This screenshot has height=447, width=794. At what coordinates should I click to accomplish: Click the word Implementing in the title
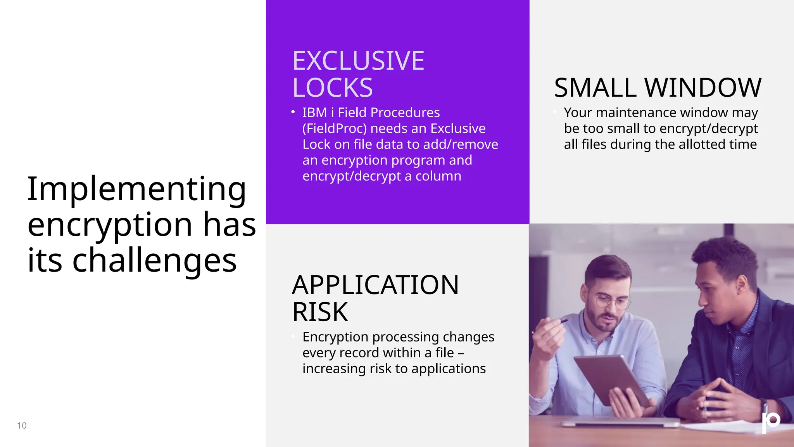click(x=136, y=189)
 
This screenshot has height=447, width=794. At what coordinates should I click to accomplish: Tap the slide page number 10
click(x=22, y=426)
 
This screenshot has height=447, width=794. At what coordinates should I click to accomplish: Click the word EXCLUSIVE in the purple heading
click(x=358, y=61)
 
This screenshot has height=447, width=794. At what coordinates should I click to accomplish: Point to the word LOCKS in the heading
click(x=332, y=88)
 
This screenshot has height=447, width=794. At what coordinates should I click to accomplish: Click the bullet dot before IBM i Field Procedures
click(x=293, y=112)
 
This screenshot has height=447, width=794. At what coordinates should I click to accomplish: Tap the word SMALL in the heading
click(x=595, y=88)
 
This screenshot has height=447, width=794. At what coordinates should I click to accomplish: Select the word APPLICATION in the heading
click(x=375, y=285)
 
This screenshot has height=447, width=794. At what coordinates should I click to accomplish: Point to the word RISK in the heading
click(x=320, y=312)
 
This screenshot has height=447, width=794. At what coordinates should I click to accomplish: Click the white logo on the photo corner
click(x=771, y=422)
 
